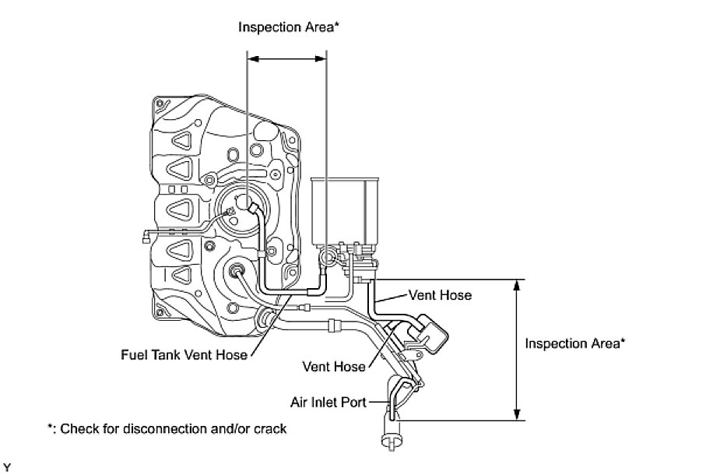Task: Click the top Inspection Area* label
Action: tap(289, 27)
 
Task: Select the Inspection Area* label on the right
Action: tap(575, 343)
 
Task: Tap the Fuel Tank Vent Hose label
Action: tap(184, 355)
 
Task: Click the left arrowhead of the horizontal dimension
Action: tap(251, 57)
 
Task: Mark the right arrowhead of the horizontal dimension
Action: tap(322, 57)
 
